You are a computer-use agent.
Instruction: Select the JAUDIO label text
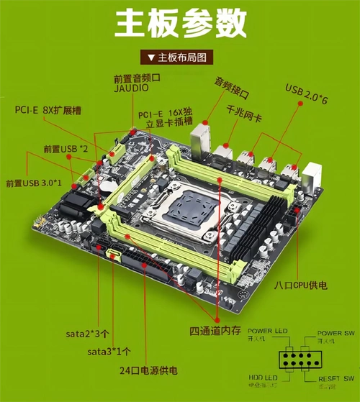[130, 88]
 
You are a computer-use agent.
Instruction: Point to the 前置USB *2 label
[66, 149]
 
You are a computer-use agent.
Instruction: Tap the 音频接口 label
[231, 83]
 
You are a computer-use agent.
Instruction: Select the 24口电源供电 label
[148, 370]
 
